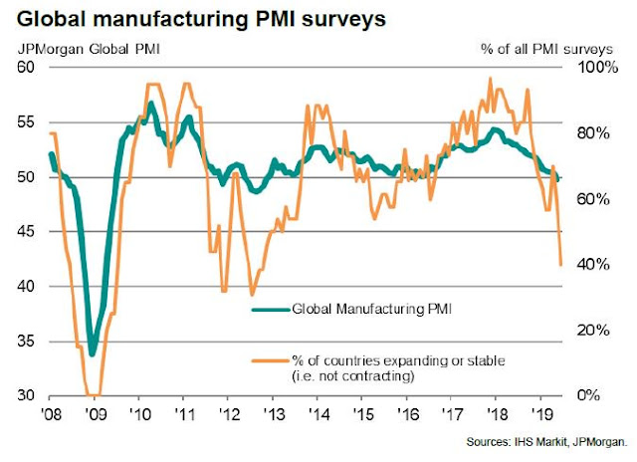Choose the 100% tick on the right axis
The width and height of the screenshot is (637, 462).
582,67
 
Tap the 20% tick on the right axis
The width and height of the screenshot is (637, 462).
580,331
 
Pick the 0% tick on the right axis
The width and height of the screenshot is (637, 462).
576,395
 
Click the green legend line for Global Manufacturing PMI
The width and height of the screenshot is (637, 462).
266,310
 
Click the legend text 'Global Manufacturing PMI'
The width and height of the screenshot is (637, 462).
368,310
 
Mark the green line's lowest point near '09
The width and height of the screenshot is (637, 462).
93,352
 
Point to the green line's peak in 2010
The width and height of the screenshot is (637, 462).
150,103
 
